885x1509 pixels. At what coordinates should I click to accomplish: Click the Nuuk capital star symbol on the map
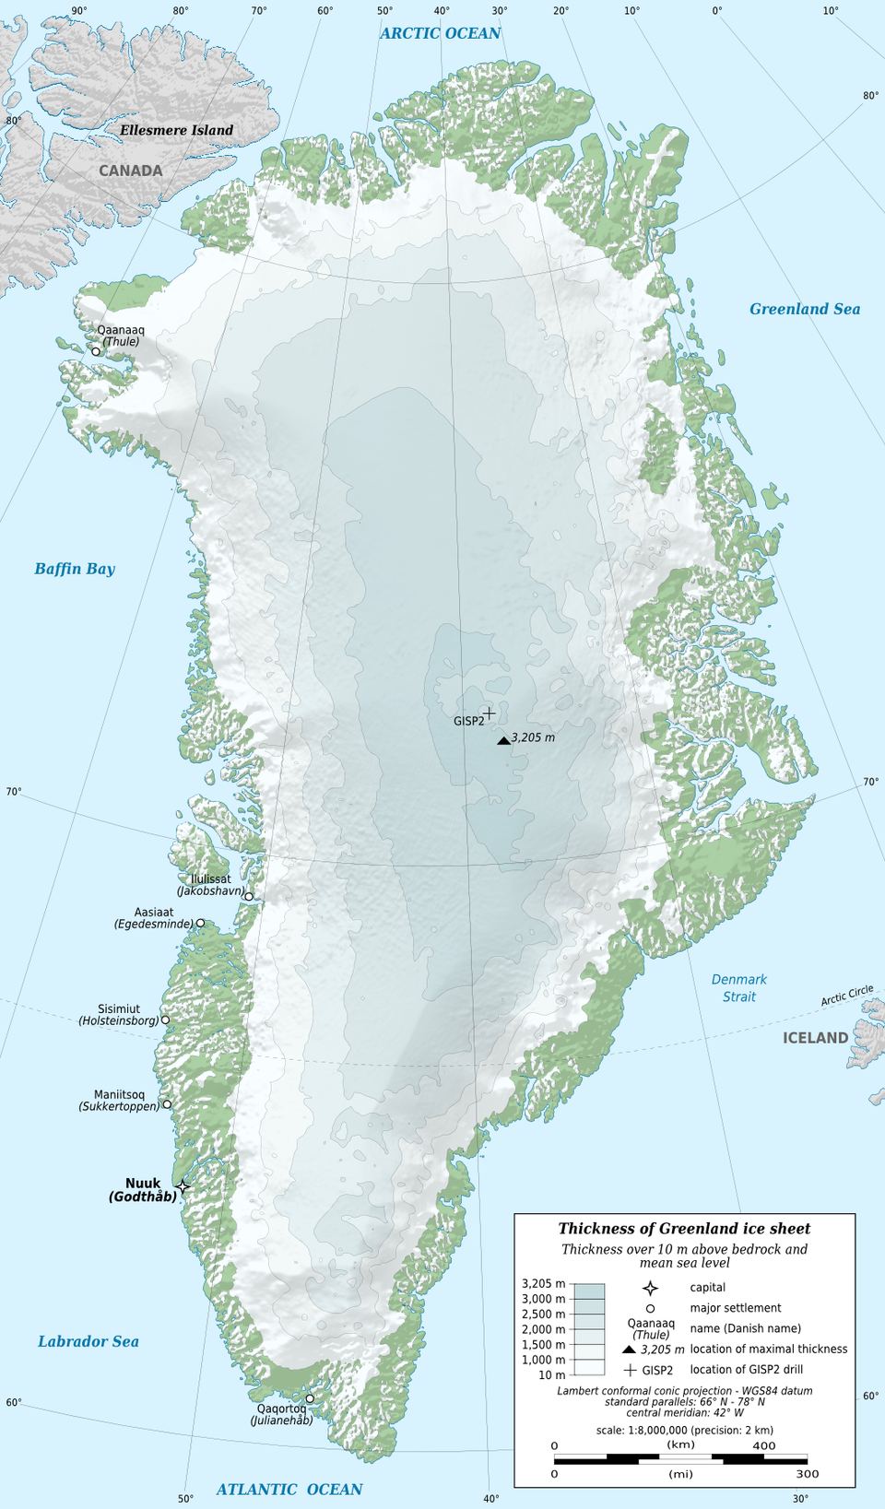(x=183, y=1186)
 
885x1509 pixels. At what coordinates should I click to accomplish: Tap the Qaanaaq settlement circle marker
(x=96, y=351)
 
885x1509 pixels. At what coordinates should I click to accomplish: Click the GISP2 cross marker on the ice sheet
(x=490, y=713)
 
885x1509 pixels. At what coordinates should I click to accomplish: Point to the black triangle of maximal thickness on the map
(x=503, y=740)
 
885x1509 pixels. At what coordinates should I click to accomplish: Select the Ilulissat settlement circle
(x=249, y=896)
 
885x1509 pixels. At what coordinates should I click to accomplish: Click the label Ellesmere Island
(x=176, y=130)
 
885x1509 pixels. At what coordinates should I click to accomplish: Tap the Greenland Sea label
(x=804, y=309)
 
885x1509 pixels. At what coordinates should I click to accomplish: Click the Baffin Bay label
(x=75, y=569)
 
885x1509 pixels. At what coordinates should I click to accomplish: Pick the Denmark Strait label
(x=739, y=988)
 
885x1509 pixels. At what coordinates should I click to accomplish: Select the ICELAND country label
(x=815, y=1038)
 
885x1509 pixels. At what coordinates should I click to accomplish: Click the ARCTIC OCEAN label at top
(x=440, y=33)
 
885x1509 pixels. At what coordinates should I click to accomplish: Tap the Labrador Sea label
(x=88, y=1341)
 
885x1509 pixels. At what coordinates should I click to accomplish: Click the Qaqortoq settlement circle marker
(x=310, y=1398)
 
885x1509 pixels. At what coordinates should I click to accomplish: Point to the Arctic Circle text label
(x=847, y=996)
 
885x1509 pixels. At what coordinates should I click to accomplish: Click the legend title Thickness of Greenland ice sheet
(x=684, y=1229)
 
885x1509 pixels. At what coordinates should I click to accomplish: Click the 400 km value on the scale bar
(x=764, y=1445)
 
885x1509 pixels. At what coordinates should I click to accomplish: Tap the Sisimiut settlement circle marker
(x=165, y=1020)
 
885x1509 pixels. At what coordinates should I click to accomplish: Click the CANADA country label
(x=131, y=171)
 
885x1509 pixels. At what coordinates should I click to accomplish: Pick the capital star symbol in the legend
(x=650, y=1288)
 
